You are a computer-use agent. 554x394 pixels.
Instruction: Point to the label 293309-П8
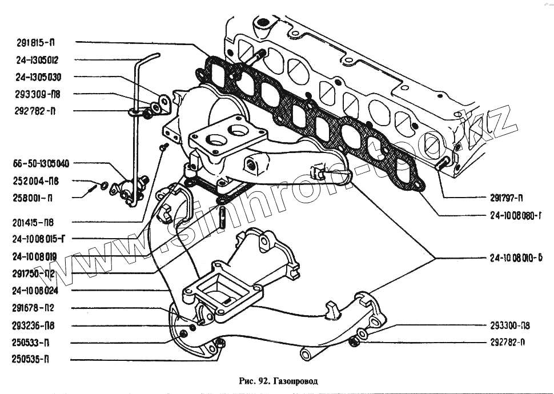coord(39,94)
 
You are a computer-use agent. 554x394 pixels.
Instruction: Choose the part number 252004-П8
coord(39,181)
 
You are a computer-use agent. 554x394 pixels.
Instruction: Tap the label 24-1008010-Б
coord(515,258)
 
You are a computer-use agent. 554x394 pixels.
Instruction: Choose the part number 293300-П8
coord(510,326)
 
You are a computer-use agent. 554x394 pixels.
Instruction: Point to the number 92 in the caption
coord(263,380)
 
